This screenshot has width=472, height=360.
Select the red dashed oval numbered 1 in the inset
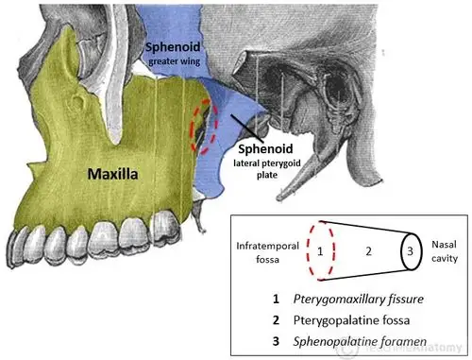320,251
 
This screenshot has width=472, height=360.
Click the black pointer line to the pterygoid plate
229,129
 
